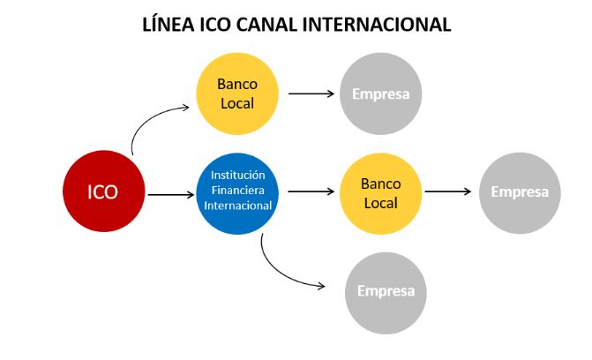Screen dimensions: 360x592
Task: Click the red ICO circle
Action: pyautogui.click(x=103, y=192)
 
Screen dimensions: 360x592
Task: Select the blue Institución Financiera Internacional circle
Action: pyautogui.click(x=236, y=192)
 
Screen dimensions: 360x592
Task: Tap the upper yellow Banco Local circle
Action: pyautogui.click(x=236, y=94)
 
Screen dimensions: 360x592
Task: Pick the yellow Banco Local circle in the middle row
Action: pyautogui.click(x=380, y=192)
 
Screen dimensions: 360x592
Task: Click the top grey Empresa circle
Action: pyautogui.click(x=380, y=94)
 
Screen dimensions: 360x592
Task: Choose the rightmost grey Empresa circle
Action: pyautogui.click(x=520, y=192)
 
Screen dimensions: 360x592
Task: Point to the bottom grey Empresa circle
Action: pyautogui.click(x=386, y=291)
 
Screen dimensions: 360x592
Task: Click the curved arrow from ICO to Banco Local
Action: pyautogui.click(x=150, y=119)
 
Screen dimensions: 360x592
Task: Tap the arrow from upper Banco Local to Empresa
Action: pyautogui.click(x=309, y=93)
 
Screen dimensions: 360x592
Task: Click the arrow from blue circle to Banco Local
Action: pyautogui.click(x=309, y=191)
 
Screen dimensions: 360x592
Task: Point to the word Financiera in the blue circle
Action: pyautogui.click(x=236, y=190)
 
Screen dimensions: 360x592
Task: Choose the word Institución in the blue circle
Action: pyautogui.click(x=236, y=175)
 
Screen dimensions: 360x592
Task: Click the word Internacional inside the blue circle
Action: pyautogui.click(x=236, y=206)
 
